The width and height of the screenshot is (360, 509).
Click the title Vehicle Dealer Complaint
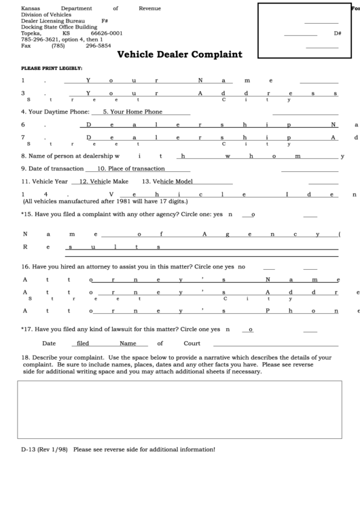tap(179, 54)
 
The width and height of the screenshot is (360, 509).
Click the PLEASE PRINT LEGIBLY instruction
tap(52, 69)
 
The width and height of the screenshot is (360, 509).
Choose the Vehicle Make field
tap(103, 181)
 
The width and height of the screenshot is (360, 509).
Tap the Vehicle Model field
tap(168, 181)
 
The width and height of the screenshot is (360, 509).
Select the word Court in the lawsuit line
tap(191, 343)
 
